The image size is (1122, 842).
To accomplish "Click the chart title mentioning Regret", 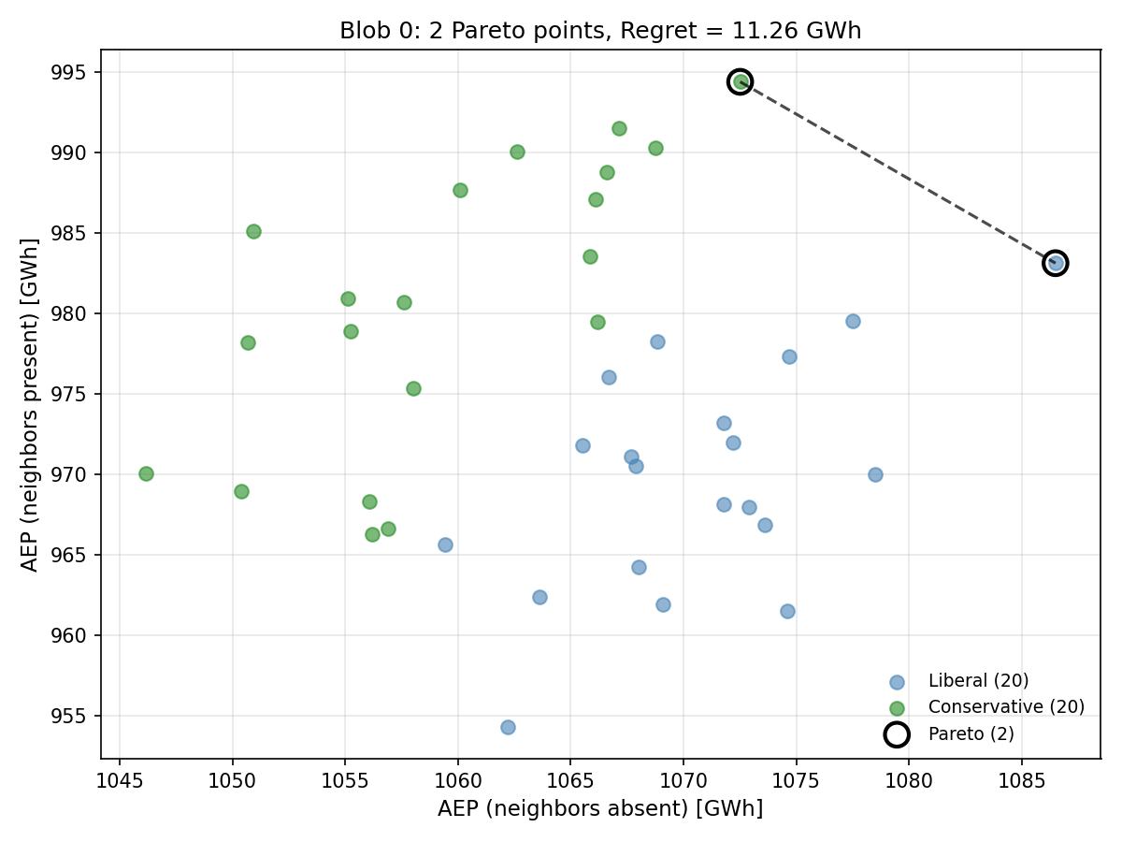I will point(600,31).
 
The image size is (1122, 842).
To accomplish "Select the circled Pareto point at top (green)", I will point(740,81).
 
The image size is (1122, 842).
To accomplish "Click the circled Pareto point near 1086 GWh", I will point(1056,263).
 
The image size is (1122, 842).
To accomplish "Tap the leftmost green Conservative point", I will point(146,473).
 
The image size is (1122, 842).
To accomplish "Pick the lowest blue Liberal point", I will point(508,727).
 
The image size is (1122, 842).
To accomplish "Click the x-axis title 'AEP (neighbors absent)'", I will point(600,808).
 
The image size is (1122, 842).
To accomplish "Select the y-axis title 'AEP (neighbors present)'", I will point(30,404).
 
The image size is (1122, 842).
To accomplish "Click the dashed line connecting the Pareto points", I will point(898,172).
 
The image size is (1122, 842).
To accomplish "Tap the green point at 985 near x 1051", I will point(253,231).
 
